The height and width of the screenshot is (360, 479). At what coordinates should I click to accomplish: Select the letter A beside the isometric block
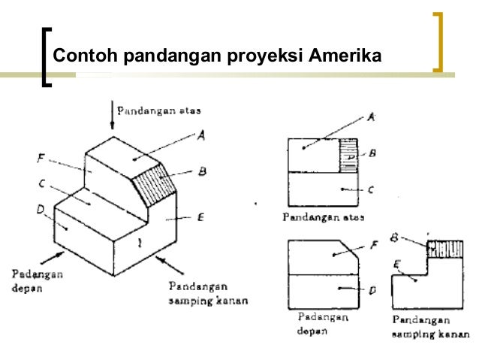(201, 135)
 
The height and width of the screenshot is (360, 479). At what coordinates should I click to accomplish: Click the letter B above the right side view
(394, 237)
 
